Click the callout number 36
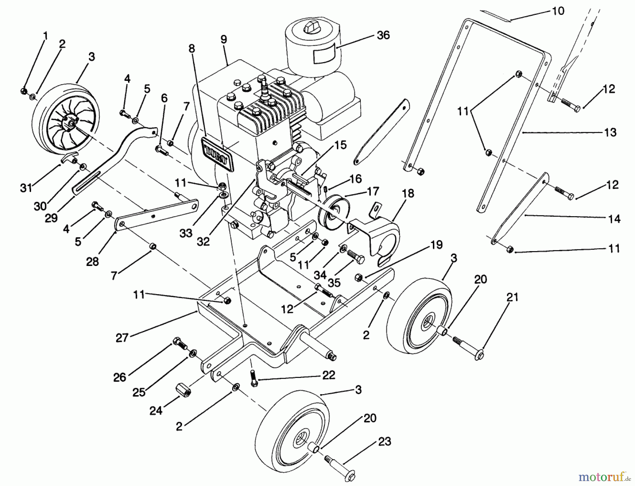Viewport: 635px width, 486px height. click(383, 35)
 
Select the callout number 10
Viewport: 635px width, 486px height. click(558, 11)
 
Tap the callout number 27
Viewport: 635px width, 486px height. click(122, 338)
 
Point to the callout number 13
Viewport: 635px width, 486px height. click(610, 132)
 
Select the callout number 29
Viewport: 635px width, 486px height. click(52, 218)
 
